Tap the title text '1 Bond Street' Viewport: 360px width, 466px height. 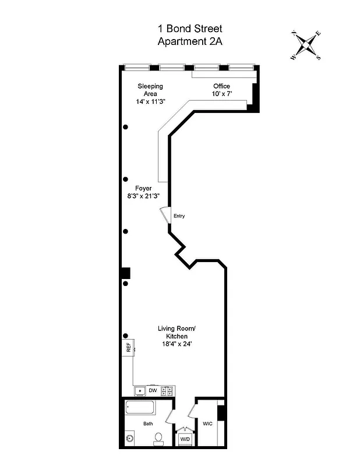[190, 29]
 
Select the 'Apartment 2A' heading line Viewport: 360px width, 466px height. [190, 41]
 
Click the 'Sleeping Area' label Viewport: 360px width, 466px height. [150, 90]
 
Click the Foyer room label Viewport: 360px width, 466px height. [143, 188]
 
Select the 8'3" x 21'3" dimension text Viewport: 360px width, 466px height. [143, 196]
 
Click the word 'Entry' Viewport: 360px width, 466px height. [179, 216]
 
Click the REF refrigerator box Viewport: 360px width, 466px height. [129, 348]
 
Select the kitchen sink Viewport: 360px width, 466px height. [140, 390]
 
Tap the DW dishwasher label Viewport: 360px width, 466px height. [153, 390]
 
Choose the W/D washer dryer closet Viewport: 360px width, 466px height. [185, 439]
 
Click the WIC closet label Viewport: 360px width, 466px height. [207, 423]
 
